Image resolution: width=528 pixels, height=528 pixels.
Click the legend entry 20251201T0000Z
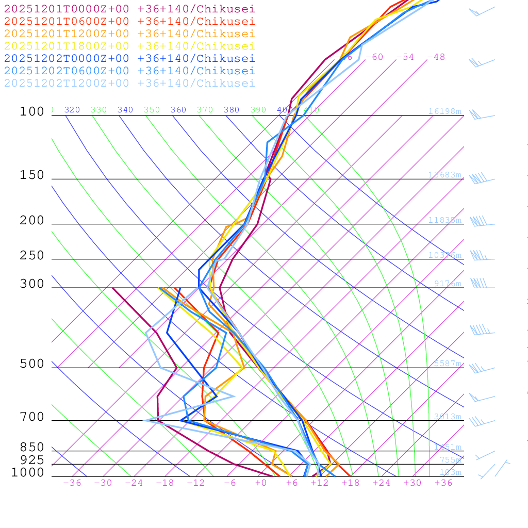click(129, 9)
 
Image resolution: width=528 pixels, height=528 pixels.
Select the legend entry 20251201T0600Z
click(129, 21)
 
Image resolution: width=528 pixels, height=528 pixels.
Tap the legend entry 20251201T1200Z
click(129, 34)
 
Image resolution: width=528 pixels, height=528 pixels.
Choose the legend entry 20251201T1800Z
click(129, 46)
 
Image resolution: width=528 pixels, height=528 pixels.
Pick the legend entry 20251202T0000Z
click(129, 58)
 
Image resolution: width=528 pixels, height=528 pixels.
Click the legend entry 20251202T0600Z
click(129, 71)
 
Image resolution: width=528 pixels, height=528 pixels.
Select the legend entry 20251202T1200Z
click(129, 83)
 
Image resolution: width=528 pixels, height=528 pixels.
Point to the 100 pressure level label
click(32, 111)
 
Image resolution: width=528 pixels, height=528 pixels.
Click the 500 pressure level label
click(32, 364)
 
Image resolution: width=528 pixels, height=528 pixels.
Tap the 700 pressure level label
click(32, 417)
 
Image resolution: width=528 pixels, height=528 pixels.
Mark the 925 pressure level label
click(32, 460)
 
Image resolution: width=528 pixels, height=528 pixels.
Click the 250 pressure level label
click(32, 256)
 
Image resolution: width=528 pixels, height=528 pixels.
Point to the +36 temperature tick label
click(443, 483)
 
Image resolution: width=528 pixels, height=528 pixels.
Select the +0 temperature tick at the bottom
click(261, 483)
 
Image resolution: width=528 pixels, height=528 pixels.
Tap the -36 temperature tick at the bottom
click(72, 483)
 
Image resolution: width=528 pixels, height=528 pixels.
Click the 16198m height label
click(444, 111)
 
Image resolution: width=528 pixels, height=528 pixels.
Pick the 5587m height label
click(448, 364)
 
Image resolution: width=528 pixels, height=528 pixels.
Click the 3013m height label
click(448, 417)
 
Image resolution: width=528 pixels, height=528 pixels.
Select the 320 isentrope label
click(72, 110)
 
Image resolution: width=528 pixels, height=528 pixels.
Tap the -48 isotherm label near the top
click(436, 57)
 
